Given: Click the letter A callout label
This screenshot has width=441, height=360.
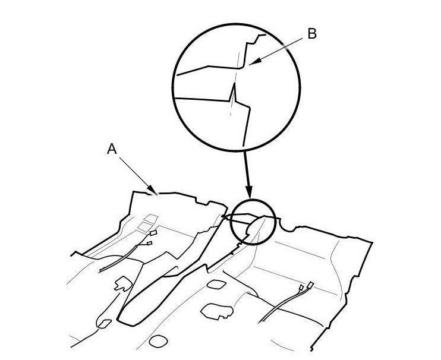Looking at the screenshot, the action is [111, 151].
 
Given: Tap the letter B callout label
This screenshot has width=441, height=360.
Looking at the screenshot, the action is [311, 34].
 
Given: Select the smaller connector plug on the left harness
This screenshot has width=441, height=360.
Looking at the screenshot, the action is [149, 242].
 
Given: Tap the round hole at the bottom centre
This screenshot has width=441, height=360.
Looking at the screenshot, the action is [157, 341].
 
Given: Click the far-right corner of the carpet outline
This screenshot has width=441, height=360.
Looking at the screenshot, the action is [372, 244].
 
